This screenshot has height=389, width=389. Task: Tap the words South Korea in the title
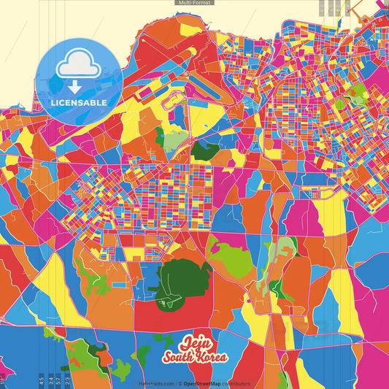click(x=195, y=356)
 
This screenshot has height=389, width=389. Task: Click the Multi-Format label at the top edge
click(x=194, y=3)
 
